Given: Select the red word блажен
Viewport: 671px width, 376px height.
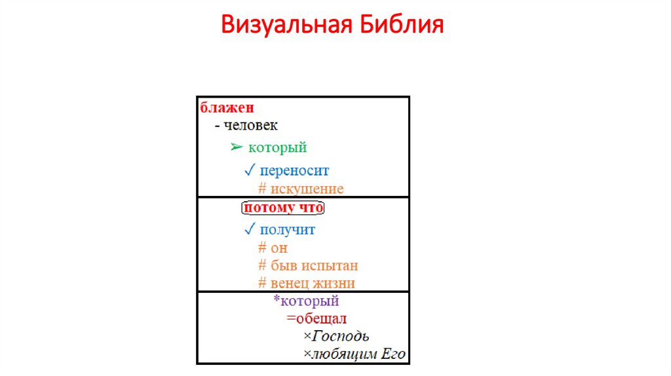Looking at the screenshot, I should point(227,107).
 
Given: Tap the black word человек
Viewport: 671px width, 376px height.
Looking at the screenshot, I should point(251,125).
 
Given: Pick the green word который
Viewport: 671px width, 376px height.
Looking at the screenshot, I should point(277,147).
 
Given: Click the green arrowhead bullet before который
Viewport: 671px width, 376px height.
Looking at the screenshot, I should point(237,147).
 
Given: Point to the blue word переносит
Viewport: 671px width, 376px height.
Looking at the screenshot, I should point(294,170).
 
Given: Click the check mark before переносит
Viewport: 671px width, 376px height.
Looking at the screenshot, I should point(249,170).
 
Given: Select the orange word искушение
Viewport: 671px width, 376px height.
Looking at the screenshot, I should point(306,189).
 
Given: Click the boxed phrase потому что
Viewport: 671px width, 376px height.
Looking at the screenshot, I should point(284,208).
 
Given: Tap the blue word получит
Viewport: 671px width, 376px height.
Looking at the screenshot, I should point(288,230).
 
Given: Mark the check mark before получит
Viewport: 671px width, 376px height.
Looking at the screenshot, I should point(249,230).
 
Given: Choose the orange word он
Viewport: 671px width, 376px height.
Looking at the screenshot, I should point(278,248).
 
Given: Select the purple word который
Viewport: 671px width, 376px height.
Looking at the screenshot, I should point(309,301).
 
